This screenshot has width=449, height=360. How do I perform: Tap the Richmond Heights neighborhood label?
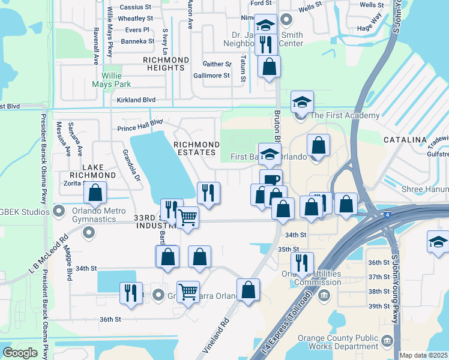pos(166,64)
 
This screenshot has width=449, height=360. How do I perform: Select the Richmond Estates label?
pos(196,148)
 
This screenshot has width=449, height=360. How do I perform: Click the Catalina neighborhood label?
pos(405,140)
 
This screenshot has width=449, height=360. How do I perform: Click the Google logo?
pos(20,353)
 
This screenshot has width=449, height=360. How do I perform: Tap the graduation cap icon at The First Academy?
pos(303,102)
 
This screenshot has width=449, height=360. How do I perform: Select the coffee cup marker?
pos(271,180)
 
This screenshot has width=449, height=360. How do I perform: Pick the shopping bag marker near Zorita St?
pos(95,193)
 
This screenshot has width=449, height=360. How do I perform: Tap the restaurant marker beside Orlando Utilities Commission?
pos(302,263)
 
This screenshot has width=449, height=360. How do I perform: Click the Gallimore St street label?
pos(211,76)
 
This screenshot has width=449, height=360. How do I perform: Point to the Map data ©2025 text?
pos(424,355)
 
